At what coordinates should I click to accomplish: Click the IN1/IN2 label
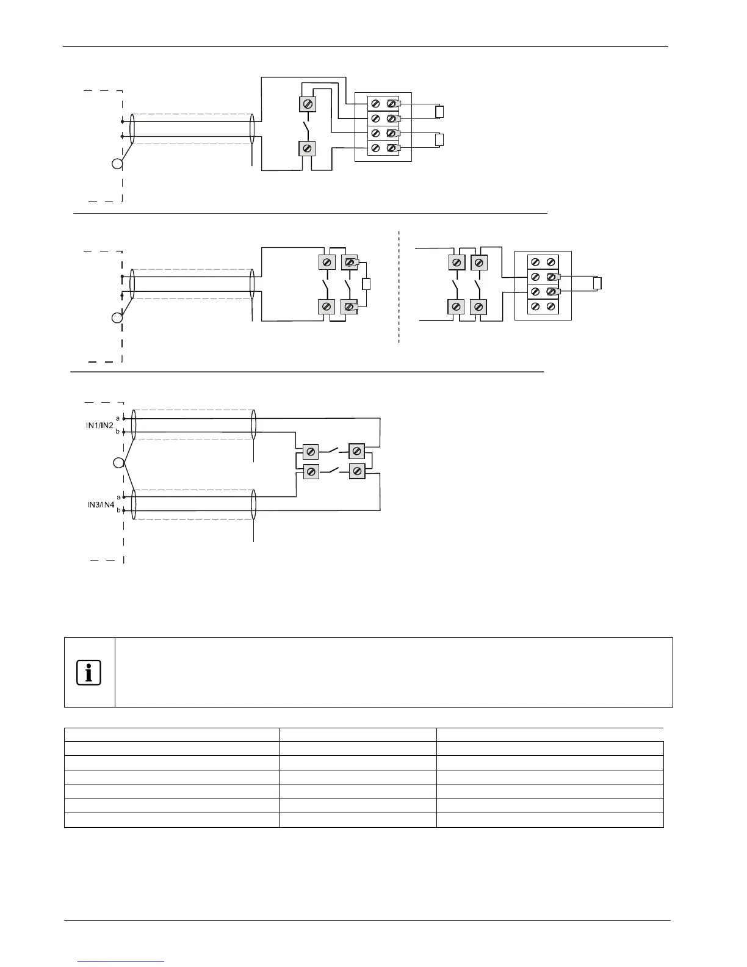point(99,426)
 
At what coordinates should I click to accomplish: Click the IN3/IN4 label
point(100,505)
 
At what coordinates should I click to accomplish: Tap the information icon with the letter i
point(89,673)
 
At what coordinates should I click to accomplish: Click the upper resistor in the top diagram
point(439,112)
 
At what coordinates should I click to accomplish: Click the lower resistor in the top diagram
point(439,140)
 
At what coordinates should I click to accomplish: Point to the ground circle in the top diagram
point(117,164)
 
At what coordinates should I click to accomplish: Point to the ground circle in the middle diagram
point(117,318)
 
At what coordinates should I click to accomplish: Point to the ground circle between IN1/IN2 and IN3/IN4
point(118,463)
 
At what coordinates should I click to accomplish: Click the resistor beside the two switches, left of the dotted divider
point(366,284)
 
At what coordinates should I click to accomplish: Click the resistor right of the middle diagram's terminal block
point(597,283)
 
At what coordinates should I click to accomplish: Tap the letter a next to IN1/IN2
point(118,418)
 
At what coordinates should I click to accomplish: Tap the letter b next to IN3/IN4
point(118,510)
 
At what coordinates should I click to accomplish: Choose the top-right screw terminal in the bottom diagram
point(357,452)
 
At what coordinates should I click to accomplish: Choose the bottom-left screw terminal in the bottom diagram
point(311,471)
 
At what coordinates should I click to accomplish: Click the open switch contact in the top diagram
point(308,128)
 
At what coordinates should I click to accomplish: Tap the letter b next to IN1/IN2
point(118,432)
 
